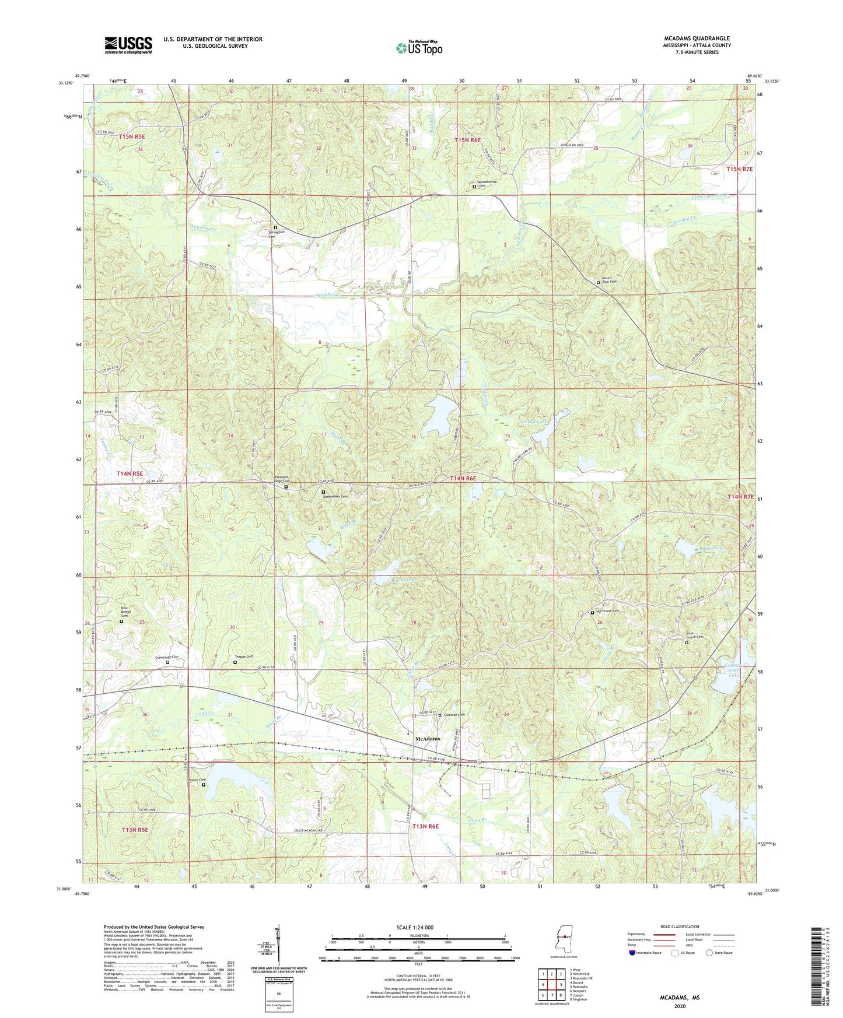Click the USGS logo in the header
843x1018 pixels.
click(128, 45)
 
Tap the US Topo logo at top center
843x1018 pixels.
click(419, 48)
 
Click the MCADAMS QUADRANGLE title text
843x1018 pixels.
click(692, 38)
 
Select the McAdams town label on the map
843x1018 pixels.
click(427, 739)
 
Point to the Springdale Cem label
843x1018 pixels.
click(276, 233)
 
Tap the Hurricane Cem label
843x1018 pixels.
click(607, 611)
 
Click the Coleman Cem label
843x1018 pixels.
click(454, 715)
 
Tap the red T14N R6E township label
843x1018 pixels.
click(463, 478)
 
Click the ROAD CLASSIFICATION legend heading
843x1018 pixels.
click(679, 926)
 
